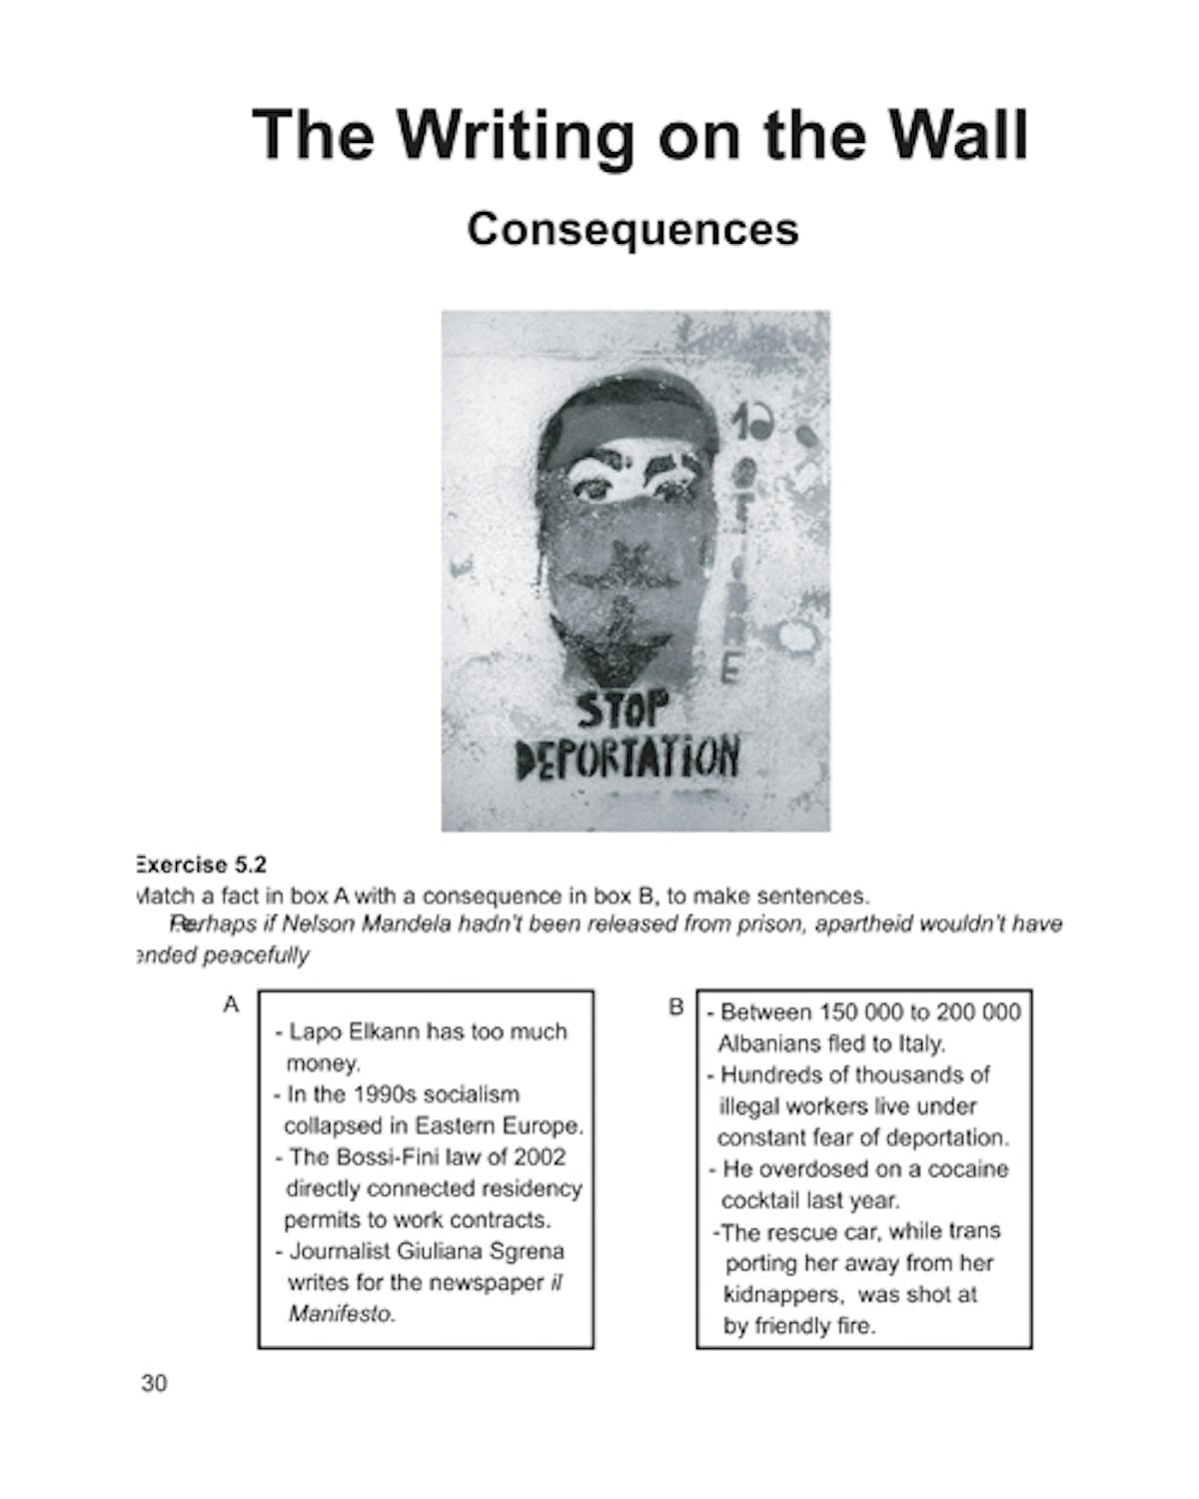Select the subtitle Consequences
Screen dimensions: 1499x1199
pyautogui.click(x=632, y=229)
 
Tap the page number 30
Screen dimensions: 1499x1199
pyautogui.click(x=155, y=1384)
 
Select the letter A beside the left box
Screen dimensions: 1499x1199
pyautogui.click(x=231, y=1004)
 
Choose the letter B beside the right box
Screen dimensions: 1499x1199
pyautogui.click(x=676, y=1007)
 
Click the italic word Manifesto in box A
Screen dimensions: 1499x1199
pyautogui.click(x=342, y=1314)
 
